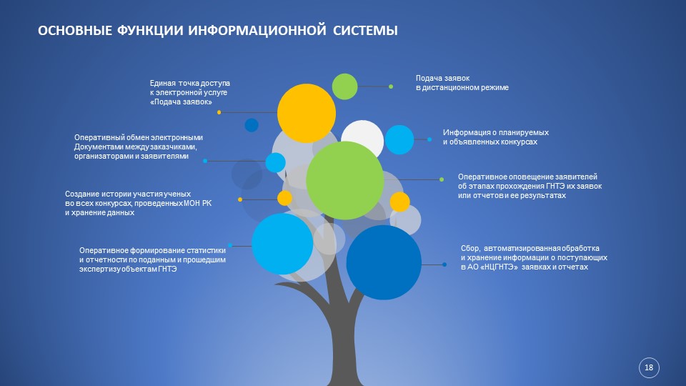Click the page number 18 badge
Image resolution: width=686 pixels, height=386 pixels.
649,367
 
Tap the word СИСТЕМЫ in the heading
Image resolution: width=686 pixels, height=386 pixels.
365,31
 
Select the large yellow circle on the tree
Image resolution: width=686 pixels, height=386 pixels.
307,114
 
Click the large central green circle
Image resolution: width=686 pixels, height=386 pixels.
344,180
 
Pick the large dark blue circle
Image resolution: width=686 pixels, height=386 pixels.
384,262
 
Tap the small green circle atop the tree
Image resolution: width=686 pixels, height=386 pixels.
344,86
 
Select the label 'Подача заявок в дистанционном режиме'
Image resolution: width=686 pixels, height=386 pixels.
462,83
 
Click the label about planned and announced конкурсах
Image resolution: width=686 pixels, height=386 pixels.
496,137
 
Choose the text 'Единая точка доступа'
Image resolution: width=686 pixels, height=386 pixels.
190,83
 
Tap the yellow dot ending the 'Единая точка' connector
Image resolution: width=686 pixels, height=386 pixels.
219,112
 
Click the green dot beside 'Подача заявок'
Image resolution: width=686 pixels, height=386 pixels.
391,86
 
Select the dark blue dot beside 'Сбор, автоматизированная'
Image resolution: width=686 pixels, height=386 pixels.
444,264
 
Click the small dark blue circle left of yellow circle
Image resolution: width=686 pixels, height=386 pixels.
252,125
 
